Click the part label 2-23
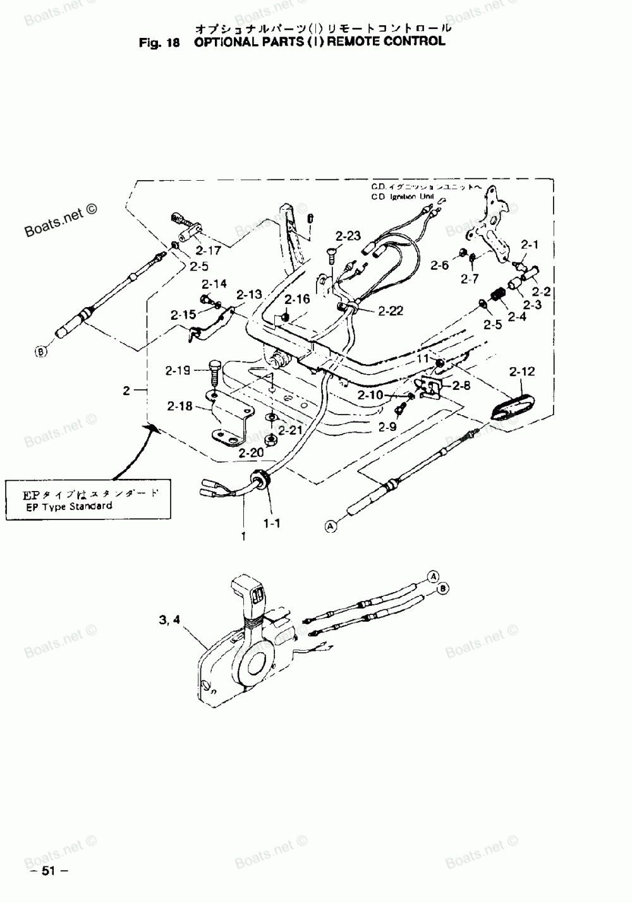(x=348, y=236)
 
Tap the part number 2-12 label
(x=521, y=372)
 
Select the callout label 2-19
(x=178, y=370)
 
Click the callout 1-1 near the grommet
(x=272, y=523)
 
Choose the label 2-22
(x=391, y=311)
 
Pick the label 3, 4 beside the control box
(x=169, y=621)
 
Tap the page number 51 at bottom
(x=48, y=871)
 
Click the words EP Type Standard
(x=69, y=506)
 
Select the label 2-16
(x=296, y=299)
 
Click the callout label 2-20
(x=251, y=452)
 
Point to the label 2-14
(x=214, y=284)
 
